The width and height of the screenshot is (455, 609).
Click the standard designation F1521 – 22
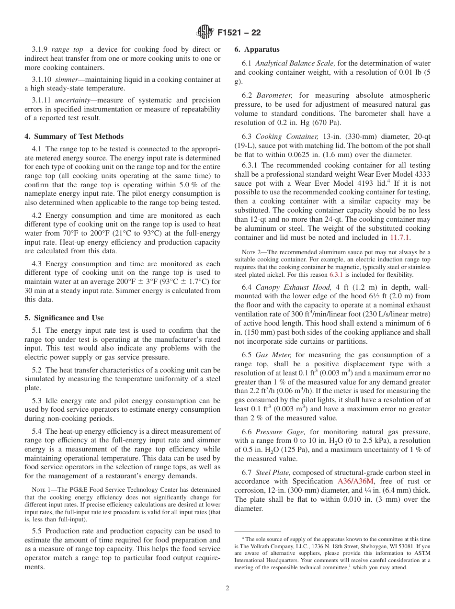[239, 33]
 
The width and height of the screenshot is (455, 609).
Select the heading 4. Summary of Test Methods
[74, 136]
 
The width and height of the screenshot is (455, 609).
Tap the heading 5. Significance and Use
[64, 318]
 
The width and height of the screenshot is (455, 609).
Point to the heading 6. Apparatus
[257, 49]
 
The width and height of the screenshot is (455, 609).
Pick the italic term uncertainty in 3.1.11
[73, 100]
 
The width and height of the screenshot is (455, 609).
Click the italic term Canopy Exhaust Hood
[294, 287]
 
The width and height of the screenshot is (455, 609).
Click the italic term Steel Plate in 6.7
[271, 473]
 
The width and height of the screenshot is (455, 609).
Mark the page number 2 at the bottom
[227, 588]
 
